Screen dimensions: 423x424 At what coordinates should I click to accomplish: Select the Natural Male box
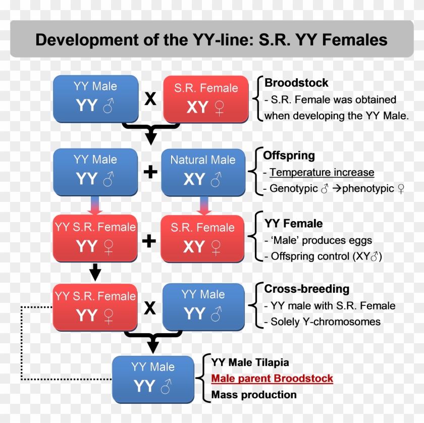(x=203, y=172)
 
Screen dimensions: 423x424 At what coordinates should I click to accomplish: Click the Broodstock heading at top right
(x=296, y=83)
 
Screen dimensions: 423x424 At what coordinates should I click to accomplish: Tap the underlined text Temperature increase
(x=322, y=173)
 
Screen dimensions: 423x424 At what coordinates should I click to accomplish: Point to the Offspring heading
(x=289, y=155)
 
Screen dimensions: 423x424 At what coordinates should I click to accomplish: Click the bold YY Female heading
(x=293, y=224)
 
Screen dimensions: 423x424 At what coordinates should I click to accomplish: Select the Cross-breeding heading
(x=306, y=289)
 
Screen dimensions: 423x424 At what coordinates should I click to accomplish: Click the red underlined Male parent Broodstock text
(x=272, y=379)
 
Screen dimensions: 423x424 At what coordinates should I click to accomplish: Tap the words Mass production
(x=254, y=395)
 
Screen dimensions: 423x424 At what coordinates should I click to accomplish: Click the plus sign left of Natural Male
(x=150, y=172)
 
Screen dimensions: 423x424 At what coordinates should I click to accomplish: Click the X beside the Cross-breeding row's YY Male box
(x=150, y=307)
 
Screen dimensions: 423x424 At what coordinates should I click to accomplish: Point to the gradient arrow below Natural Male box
(x=203, y=205)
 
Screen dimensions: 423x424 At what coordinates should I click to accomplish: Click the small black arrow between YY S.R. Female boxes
(x=95, y=273)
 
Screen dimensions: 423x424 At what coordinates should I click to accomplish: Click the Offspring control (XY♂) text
(x=326, y=256)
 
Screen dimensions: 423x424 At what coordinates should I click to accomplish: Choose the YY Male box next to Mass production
(x=152, y=379)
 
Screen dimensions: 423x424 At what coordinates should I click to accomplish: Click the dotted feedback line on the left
(x=21, y=343)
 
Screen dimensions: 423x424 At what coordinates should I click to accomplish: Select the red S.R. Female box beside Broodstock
(x=206, y=99)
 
